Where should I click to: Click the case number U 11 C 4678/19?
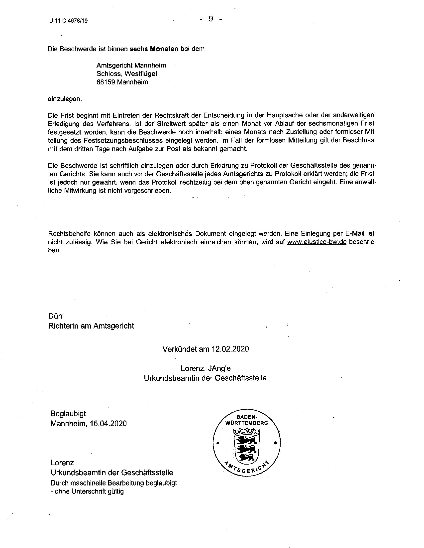(69, 21)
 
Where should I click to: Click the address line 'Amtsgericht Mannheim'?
(131, 66)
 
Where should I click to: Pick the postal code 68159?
(106, 82)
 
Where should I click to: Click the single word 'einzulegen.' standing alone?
(65, 99)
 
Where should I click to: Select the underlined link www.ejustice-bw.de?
(317, 242)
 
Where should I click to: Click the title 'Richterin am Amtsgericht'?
(91, 326)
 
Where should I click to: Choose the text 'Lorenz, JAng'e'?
(206, 368)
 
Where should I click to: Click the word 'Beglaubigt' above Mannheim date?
(68, 413)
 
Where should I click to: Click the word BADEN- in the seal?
(246, 417)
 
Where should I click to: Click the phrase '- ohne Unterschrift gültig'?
(87, 491)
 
